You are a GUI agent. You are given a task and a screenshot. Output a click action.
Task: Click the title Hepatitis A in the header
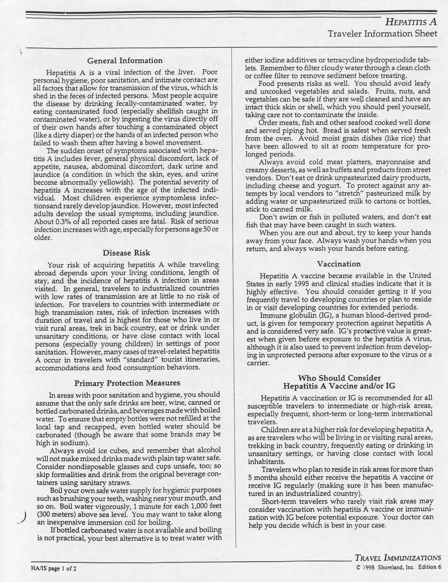(x=411, y=22)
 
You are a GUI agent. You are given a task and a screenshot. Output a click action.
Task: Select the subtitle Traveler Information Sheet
(x=382, y=34)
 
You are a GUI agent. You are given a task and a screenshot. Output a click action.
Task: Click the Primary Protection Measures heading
(x=127, y=383)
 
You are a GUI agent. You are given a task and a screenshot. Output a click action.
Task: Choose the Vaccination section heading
(x=339, y=264)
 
